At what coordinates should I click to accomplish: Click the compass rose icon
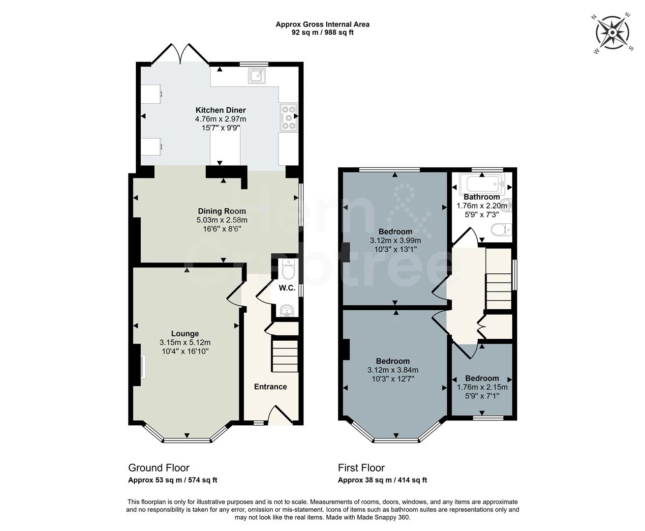(x=613, y=33)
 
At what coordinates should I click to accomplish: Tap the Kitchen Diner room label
(x=220, y=110)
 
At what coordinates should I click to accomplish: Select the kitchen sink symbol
(x=257, y=75)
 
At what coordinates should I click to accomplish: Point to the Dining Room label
(x=222, y=211)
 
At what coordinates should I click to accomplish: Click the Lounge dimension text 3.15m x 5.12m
(x=185, y=343)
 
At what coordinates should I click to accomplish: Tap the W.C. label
(x=287, y=288)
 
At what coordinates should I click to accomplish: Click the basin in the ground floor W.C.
(x=287, y=310)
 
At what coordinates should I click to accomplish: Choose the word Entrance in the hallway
(x=270, y=386)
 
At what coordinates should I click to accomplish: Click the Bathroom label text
(x=482, y=197)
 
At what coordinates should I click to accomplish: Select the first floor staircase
(x=498, y=279)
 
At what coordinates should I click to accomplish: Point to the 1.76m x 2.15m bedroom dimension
(x=482, y=387)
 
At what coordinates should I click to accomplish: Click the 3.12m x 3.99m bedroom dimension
(x=395, y=240)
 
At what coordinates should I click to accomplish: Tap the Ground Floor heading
(x=158, y=468)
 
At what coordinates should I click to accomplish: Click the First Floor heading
(x=361, y=468)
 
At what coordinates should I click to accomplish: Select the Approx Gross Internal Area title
(x=322, y=24)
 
